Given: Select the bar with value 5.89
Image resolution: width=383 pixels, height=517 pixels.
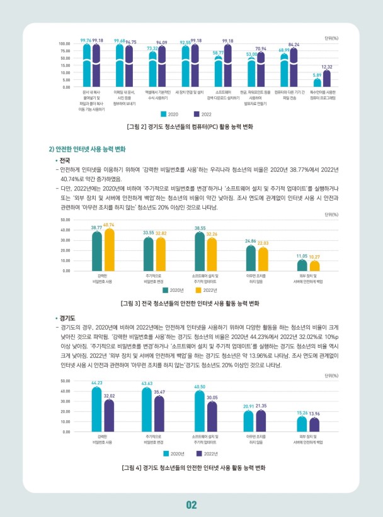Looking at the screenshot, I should click(x=317, y=82).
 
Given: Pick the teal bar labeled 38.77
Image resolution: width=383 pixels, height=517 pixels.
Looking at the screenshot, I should click(x=96, y=251).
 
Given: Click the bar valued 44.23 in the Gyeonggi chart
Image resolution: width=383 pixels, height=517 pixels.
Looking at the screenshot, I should click(x=96, y=409).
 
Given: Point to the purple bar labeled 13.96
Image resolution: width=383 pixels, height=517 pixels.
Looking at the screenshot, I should click(x=314, y=425).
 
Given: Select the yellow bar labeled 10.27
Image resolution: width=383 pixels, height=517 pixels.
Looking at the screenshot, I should click(x=314, y=265).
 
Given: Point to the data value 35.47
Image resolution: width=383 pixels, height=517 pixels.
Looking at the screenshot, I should click(x=159, y=392).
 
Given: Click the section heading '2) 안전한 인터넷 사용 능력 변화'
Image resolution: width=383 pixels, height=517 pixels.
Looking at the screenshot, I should click(x=88, y=149).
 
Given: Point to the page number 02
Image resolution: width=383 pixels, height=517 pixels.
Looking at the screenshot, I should click(x=191, y=504).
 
